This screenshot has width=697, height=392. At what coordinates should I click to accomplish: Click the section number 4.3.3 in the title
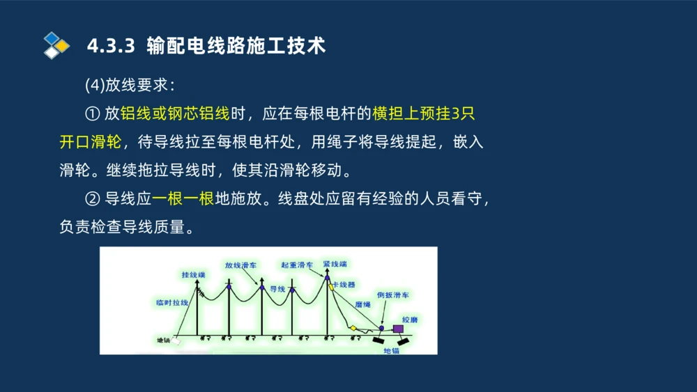coord(110,46)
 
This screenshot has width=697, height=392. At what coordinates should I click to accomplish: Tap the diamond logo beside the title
coord(56,45)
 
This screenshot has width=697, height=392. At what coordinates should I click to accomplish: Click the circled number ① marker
coord(93,113)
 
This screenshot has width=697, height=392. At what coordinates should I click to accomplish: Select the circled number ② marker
coord(93,199)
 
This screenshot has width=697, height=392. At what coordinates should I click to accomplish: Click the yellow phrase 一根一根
coord(183,199)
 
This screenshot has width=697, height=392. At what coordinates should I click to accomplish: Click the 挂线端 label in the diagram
coord(193,275)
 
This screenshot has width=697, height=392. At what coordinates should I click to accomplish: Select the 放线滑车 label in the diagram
coord(240,265)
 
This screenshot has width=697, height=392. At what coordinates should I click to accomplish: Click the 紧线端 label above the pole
coord(335,265)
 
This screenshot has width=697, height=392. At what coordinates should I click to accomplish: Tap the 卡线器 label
coord(344,285)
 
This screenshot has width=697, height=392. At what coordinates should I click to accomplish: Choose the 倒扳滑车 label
coord(392,295)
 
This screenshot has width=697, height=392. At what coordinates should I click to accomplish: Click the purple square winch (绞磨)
coord(398,329)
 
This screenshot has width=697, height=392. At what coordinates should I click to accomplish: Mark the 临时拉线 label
coord(172,303)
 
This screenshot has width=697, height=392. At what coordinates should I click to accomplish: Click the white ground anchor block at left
coord(176,341)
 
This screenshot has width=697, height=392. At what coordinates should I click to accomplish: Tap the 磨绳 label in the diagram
coord(362,304)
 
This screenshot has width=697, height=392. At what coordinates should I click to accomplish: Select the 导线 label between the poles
coord(277,288)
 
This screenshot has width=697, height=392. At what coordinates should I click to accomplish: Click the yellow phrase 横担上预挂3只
coord(424,113)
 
